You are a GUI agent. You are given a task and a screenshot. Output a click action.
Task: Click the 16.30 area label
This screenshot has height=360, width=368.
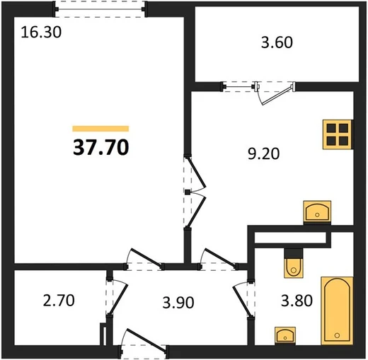pyautogui.click(x=41, y=33)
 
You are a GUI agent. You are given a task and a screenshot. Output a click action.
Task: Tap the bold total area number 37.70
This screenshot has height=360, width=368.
pyautogui.click(x=101, y=147)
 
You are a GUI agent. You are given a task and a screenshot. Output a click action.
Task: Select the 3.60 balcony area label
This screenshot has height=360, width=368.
pyautogui.click(x=277, y=42)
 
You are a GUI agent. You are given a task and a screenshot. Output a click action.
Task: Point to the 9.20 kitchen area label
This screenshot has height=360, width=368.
pyautogui.click(x=264, y=153)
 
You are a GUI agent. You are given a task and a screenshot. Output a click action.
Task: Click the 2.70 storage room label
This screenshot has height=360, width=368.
pyautogui.click(x=59, y=301)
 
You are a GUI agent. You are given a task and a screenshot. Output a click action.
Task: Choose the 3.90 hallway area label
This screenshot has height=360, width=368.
pyautogui.click(x=178, y=303)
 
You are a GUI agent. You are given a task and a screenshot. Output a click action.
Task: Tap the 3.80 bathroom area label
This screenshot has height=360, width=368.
pyautogui.click(x=297, y=301)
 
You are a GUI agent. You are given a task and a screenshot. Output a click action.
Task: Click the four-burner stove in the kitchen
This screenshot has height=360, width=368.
pyautogui.click(x=338, y=134)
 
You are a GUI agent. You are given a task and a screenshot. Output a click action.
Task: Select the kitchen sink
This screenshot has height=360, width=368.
pyautogui.click(x=317, y=212)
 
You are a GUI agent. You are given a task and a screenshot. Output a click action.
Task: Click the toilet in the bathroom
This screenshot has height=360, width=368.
pyautogui.click(x=294, y=263)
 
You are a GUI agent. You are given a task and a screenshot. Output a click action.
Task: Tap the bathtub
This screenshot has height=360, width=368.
pyautogui.click(x=337, y=310)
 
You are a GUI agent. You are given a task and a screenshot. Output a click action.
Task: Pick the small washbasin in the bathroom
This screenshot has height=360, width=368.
pyautogui.click(x=285, y=335)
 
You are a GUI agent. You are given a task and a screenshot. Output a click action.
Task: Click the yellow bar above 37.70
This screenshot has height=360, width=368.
pyautogui.click(x=100, y=129)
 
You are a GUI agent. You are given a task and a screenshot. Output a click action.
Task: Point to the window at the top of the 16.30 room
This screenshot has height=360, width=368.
pyautogui.click(x=100, y=9)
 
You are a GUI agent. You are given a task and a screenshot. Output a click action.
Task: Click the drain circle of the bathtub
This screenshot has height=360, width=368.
pyautogui.click(x=337, y=335)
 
